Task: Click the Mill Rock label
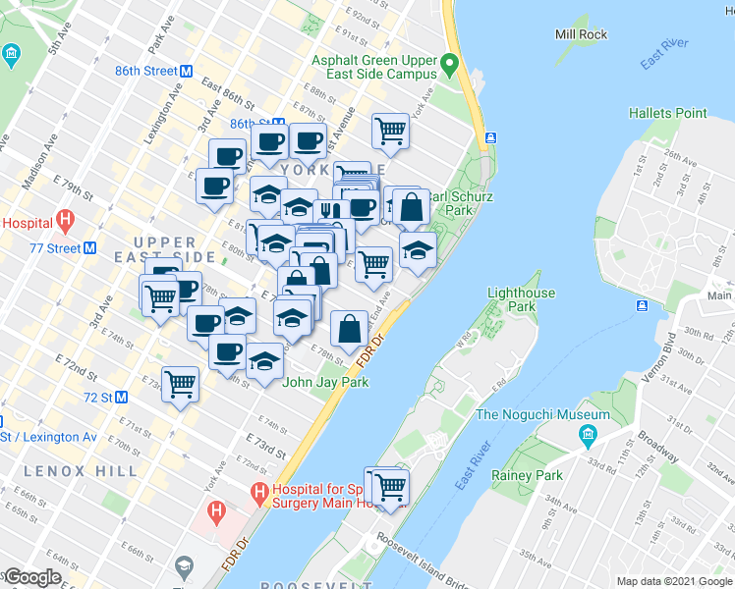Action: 582,34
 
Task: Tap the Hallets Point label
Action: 668,113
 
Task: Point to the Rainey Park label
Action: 528,475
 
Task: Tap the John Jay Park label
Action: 325,382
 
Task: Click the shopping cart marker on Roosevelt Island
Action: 390,486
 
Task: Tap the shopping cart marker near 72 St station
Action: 180,384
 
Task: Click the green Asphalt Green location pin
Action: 450,66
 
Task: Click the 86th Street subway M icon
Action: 185,71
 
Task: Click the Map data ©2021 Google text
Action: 674,581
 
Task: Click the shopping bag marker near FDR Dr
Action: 350,328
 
